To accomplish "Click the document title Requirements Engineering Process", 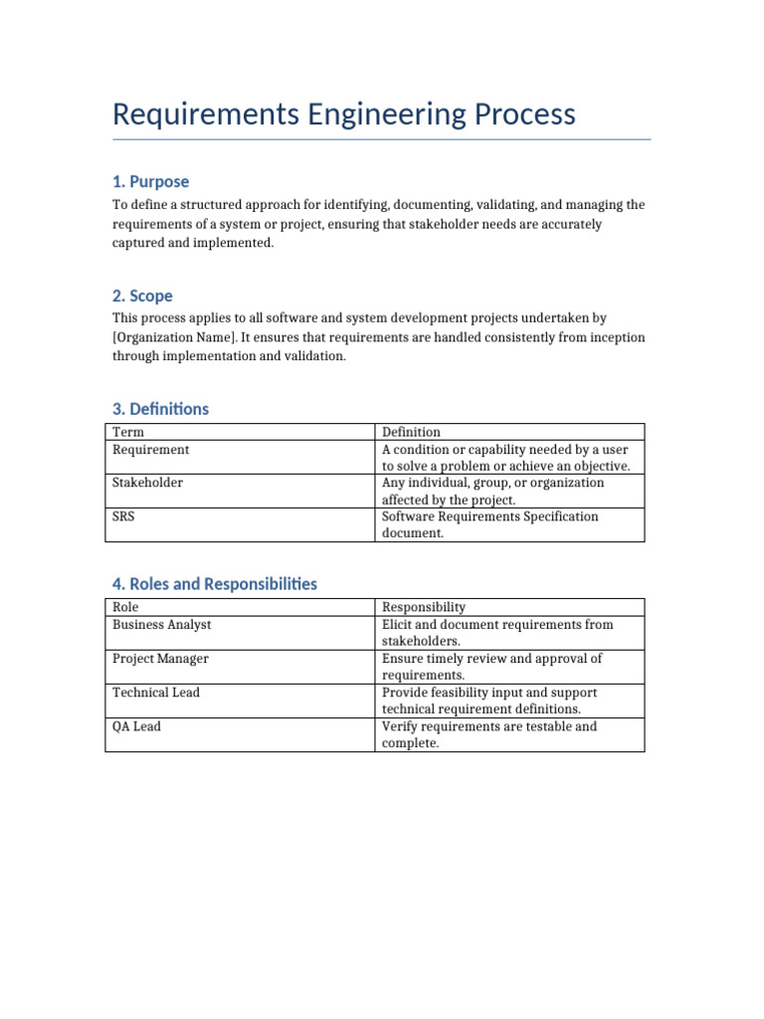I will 343,114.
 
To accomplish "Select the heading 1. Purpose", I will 150,181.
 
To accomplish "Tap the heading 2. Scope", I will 142,296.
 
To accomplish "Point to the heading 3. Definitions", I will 160,409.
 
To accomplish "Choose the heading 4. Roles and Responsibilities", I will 215,584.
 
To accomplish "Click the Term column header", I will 127,432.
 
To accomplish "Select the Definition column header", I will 411,432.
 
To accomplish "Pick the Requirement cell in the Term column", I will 150,450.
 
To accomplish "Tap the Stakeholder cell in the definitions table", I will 147,483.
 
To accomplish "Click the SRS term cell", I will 124,516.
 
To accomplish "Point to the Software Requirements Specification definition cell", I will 489,524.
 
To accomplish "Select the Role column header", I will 125,607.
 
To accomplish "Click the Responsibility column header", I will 424,607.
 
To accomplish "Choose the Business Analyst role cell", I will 161,625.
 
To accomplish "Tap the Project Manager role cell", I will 160,659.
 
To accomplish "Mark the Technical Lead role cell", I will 155,693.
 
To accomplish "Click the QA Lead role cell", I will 136,726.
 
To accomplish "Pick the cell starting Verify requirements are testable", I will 488,734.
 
